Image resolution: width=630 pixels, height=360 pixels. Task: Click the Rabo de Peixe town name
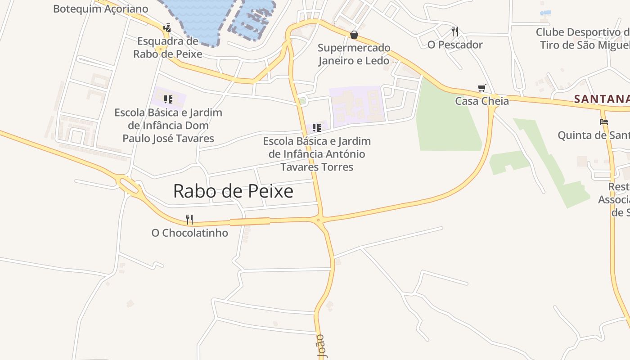233,191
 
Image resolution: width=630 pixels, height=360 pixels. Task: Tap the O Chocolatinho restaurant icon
189,220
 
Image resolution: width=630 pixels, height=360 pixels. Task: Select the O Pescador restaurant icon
455,31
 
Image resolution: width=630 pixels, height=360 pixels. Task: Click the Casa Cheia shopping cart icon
482,88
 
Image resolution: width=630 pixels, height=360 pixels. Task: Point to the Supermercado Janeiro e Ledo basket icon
354,35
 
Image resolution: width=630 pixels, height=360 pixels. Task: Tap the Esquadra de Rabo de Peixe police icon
167,27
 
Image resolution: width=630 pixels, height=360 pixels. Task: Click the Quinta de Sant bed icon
604,121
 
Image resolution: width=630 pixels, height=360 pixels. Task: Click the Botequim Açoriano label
100,9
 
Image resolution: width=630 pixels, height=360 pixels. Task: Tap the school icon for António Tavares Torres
317,128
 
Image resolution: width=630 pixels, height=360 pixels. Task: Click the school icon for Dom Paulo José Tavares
168,99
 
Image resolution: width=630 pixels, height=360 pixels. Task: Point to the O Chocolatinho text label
189,233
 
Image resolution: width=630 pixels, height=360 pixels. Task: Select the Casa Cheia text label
482,101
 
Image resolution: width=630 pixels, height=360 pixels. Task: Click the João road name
321,346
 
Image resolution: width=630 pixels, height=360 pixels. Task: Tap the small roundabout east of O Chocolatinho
318,220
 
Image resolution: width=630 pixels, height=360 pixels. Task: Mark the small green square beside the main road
302,100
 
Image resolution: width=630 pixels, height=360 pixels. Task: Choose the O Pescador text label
455,45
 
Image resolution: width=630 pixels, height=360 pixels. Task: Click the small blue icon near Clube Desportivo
545,13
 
